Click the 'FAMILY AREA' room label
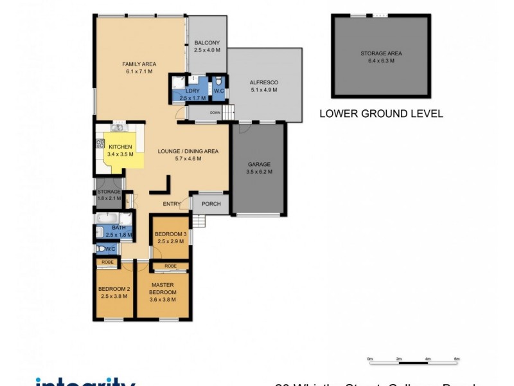tap(139, 64)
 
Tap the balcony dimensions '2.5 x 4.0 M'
tap(207, 50)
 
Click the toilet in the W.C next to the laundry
tap(218, 82)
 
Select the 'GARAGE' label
tap(259, 164)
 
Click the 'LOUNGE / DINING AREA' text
tap(188, 151)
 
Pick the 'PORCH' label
tap(211, 204)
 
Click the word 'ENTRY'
tap(172, 204)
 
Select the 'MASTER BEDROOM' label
tap(163, 288)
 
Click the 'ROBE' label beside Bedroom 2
tap(106, 262)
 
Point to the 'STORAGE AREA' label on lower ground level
tap(382, 54)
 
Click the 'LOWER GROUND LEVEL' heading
tap(381, 114)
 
